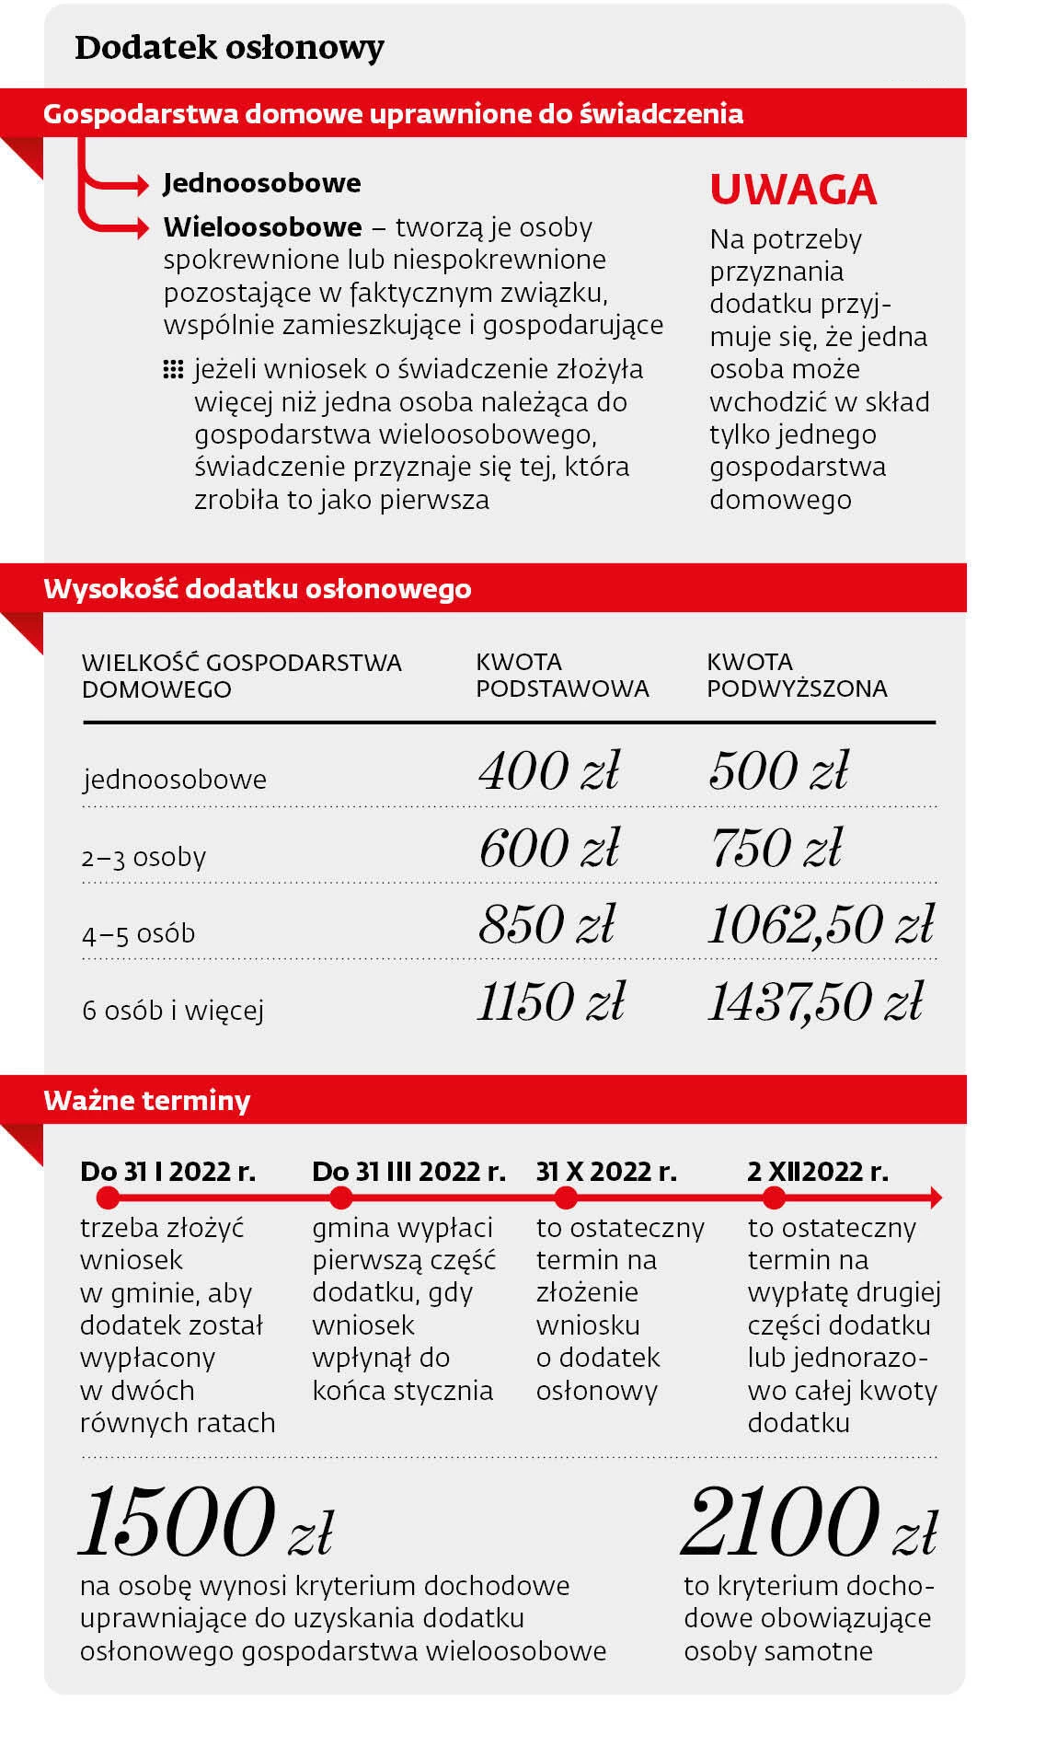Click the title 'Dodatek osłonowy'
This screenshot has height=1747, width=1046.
pos(229,48)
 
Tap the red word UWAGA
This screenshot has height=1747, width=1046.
pos(793,190)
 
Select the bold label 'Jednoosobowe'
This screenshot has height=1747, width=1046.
pos(262,183)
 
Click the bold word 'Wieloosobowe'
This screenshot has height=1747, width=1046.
pos(262,226)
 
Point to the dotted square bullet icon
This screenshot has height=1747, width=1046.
pos(172,370)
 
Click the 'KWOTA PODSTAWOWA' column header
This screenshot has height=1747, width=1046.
pos(562,675)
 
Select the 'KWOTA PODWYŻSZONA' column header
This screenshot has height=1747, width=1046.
pos(797,675)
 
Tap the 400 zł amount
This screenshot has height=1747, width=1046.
pos(549,770)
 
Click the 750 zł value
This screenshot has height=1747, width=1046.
pos(776,848)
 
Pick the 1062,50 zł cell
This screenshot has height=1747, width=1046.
pos(821,924)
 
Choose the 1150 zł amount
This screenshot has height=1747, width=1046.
pos(550,1001)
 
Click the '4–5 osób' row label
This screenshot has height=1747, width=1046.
pos(139,933)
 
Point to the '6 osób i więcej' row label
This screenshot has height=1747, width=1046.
pos(173,1011)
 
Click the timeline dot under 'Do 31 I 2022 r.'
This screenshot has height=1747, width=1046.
pos(108,1197)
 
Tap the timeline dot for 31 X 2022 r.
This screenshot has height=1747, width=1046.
pos(566,1197)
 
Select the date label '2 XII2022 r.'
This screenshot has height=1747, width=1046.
pos(818,1171)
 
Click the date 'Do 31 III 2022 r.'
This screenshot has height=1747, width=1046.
pos(408,1171)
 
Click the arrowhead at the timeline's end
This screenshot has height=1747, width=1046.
pos(935,1197)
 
